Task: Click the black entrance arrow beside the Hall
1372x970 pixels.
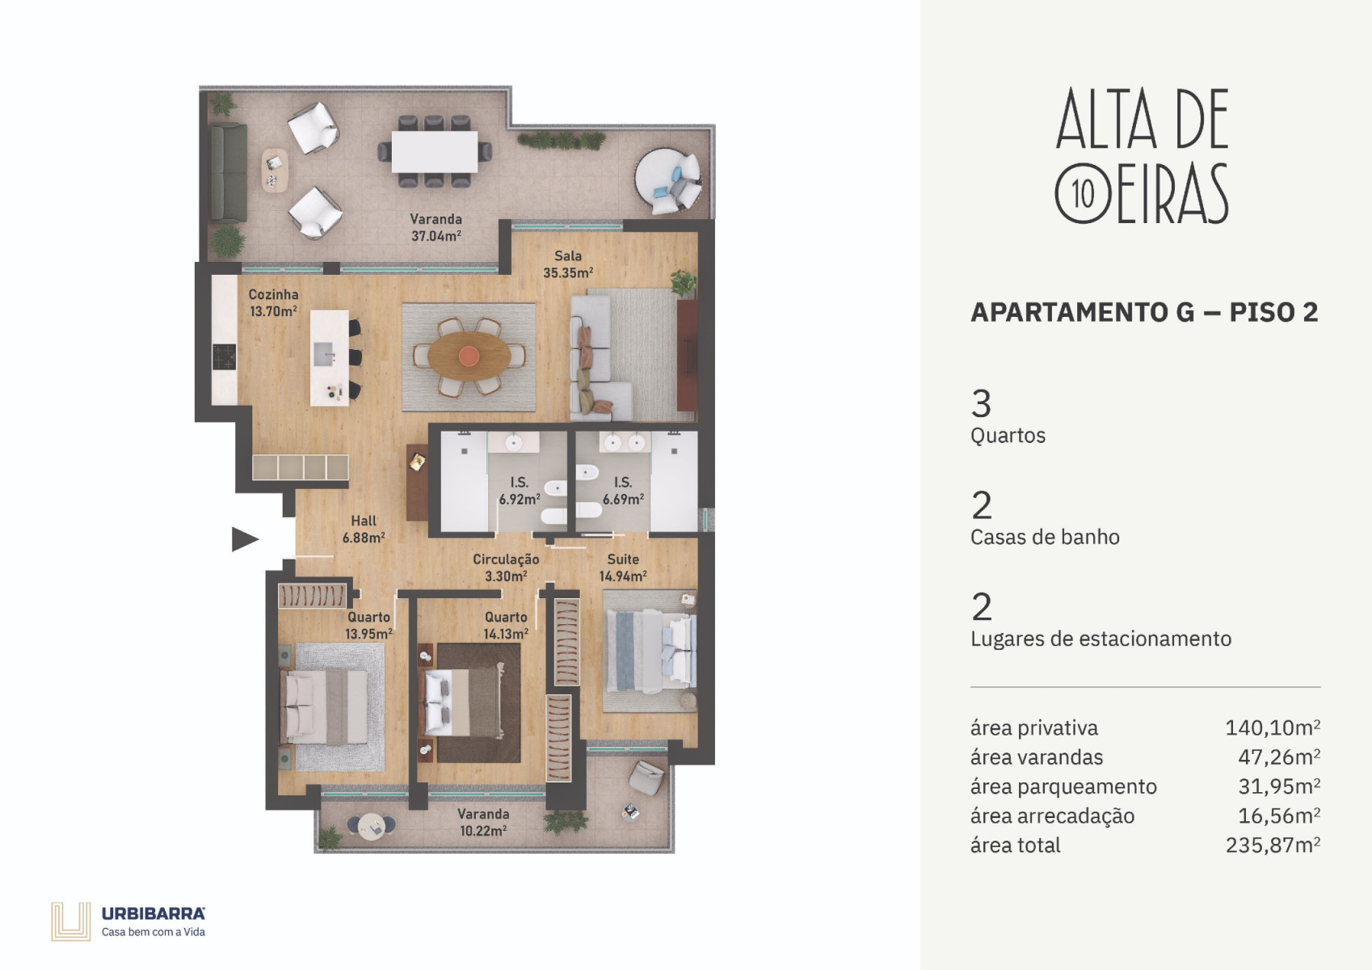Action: click(244, 539)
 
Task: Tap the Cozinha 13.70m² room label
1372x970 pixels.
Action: click(273, 302)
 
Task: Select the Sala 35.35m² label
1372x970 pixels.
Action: click(568, 264)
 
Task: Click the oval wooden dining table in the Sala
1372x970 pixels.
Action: click(469, 356)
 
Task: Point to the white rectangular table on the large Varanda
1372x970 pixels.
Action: click(435, 151)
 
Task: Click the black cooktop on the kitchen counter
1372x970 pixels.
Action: click(224, 356)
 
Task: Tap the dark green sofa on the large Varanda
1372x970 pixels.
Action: click(229, 172)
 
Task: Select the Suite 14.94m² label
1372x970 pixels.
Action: click(623, 567)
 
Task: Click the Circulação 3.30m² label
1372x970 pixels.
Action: click(506, 567)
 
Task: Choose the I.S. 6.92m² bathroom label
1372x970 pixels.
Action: click(520, 491)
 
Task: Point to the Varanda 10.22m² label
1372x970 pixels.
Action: click(483, 822)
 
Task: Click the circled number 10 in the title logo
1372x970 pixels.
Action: click(1083, 194)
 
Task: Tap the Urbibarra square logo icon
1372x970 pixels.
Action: click(70, 921)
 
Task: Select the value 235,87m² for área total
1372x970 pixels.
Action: click(1273, 845)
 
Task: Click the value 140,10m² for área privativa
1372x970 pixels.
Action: click(1273, 727)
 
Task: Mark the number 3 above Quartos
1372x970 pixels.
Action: click(981, 404)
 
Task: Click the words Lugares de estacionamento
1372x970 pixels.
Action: click(1101, 639)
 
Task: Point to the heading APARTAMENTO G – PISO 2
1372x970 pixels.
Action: click(1144, 312)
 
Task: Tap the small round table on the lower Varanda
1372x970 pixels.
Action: click(372, 825)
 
